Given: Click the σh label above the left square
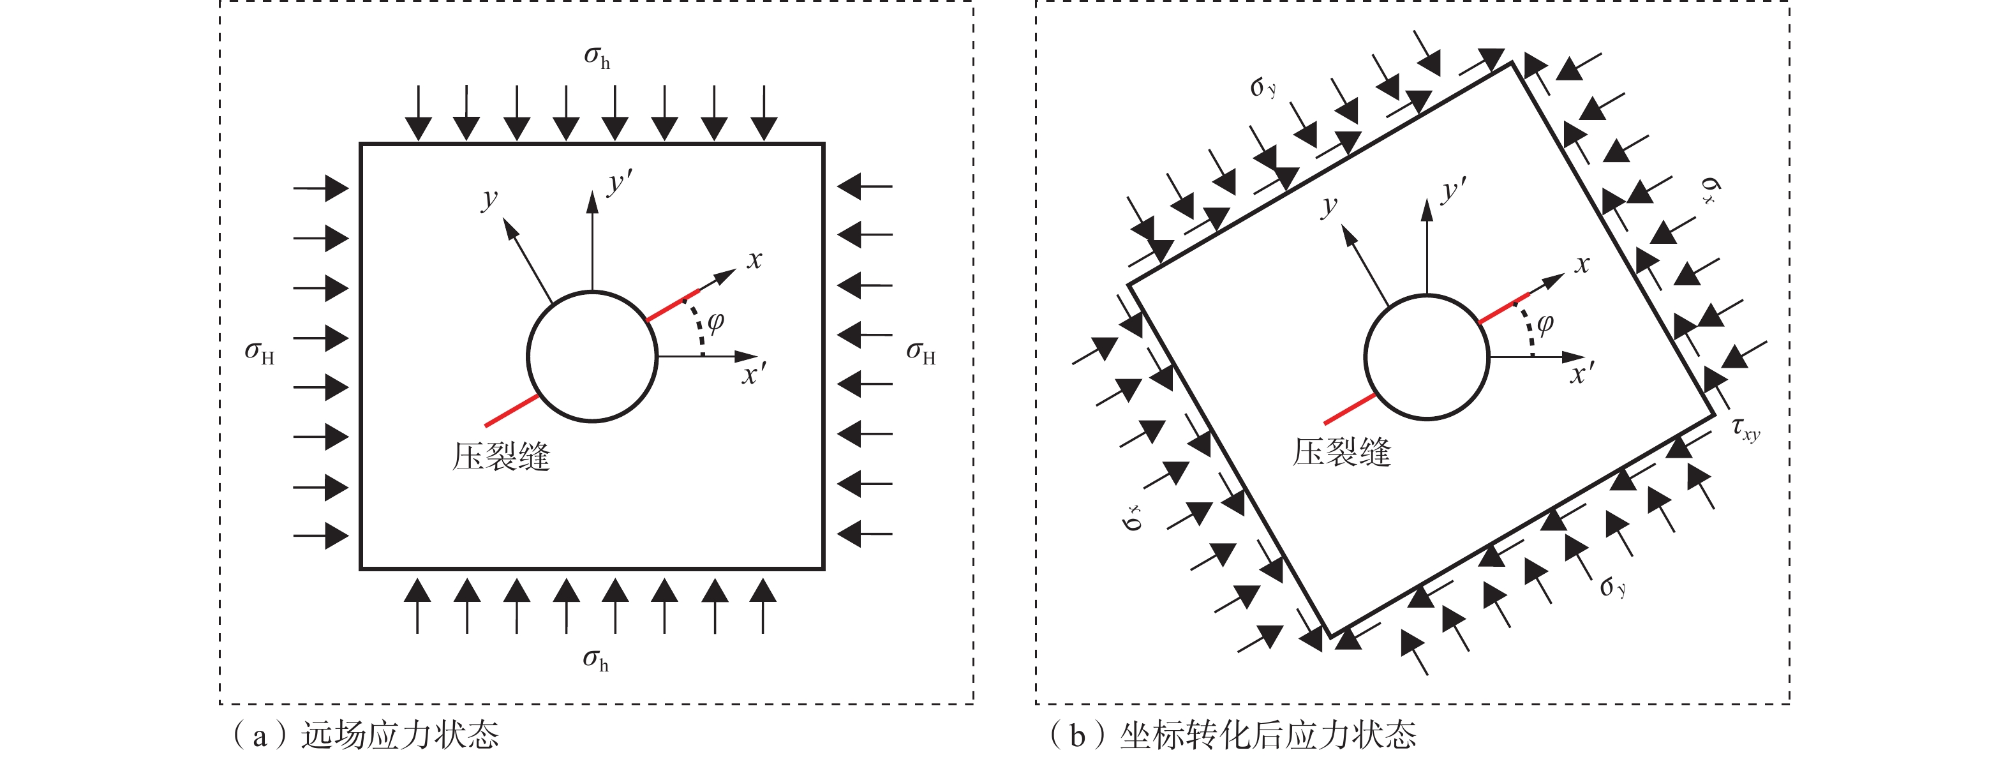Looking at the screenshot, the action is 597,57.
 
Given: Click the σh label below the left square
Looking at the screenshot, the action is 595,660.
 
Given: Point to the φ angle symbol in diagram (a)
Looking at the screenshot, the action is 715,321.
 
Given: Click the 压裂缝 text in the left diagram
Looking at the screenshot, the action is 501,456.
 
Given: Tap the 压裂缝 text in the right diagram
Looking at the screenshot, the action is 1341,453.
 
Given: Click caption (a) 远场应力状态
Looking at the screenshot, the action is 365,735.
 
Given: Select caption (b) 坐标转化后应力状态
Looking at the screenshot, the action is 1233,735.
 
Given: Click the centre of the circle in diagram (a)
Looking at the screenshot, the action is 592,357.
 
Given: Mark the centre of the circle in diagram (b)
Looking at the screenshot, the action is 1427,357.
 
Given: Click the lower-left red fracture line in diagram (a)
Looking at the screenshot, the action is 512,410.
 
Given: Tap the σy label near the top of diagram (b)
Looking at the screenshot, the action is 1263,87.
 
